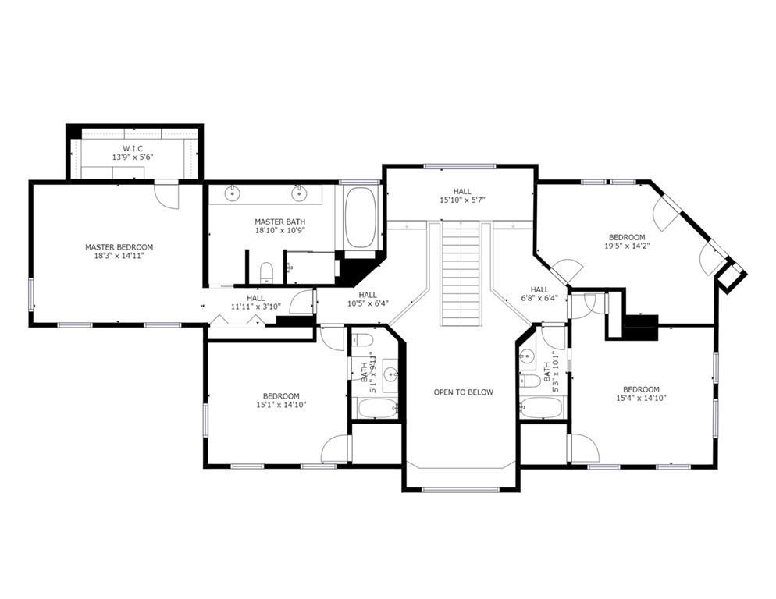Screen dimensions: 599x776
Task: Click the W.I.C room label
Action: coord(132,147)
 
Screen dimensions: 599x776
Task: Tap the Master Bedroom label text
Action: coord(119,247)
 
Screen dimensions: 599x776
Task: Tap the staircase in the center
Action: coord(461,273)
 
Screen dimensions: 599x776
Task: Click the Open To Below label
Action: coord(463,392)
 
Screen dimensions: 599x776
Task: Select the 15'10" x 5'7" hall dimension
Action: coord(461,200)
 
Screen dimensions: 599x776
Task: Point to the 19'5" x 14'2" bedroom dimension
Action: coord(627,246)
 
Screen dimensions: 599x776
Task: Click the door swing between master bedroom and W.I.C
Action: coord(166,195)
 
